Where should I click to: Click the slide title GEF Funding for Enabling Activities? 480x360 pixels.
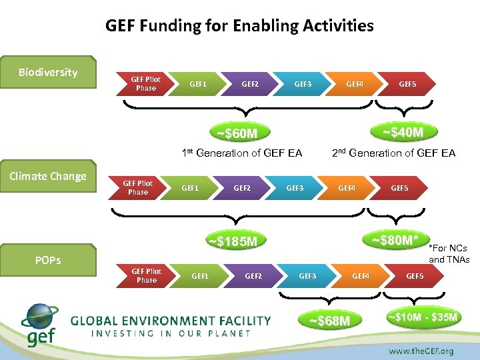[x=239, y=26]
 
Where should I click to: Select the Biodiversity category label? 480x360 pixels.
[x=48, y=72]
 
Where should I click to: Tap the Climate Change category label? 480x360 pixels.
[x=48, y=176]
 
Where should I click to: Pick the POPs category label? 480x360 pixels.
[x=48, y=260]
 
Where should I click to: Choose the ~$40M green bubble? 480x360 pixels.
[x=402, y=132]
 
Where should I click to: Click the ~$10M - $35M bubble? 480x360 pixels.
[x=423, y=317]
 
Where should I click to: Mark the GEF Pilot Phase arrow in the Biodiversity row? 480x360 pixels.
[x=145, y=84]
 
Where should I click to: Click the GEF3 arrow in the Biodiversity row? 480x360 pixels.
[x=303, y=84]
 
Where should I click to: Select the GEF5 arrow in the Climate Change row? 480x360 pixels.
[x=399, y=188]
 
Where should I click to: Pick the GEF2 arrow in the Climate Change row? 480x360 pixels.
[x=242, y=188]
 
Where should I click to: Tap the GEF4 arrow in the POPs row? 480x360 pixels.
[x=361, y=275]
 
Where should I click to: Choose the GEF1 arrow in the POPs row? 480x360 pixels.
[x=200, y=275]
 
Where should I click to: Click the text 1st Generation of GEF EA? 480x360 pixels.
[x=242, y=153]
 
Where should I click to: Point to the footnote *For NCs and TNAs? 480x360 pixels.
[x=449, y=254]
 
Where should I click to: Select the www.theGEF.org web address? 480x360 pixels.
[x=421, y=351]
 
